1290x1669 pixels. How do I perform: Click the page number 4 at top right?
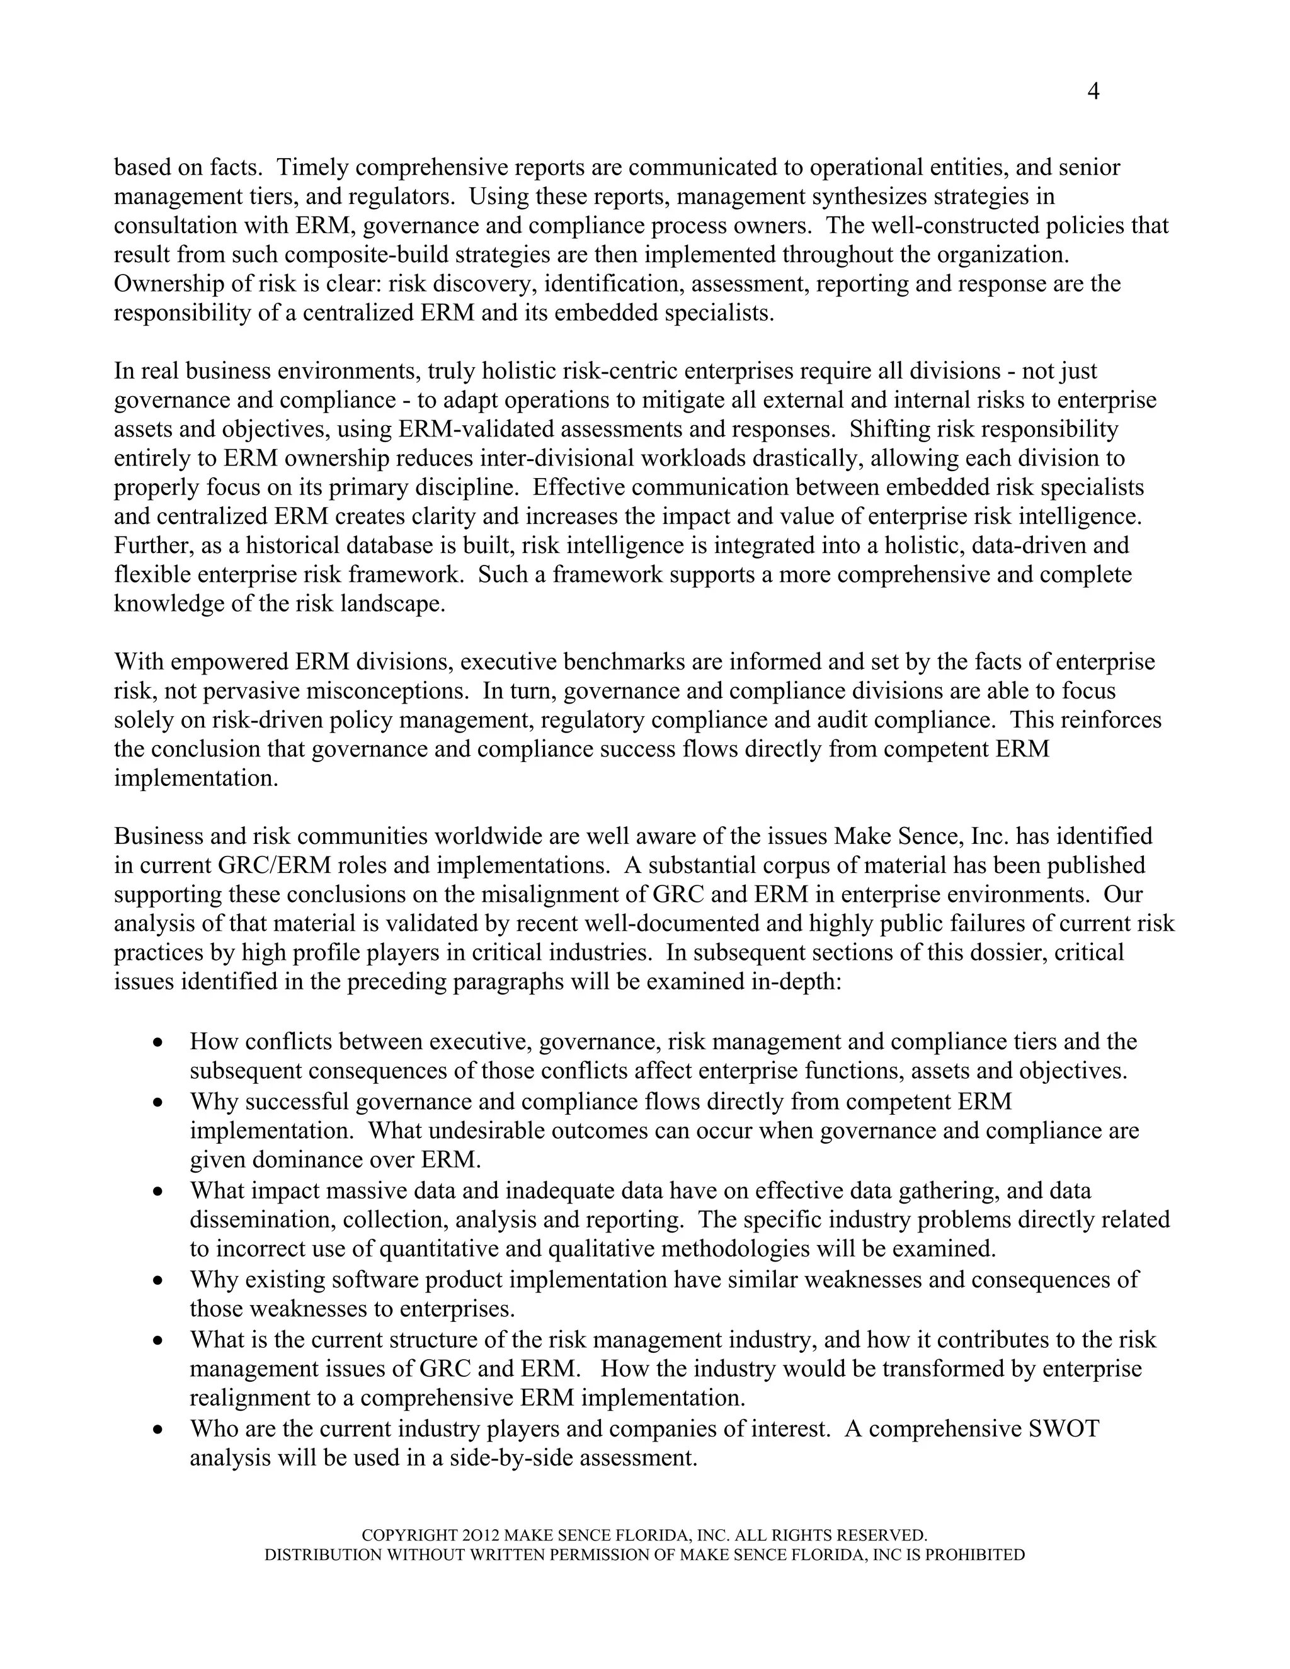(x=1093, y=92)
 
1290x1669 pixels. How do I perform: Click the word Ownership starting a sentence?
(x=169, y=283)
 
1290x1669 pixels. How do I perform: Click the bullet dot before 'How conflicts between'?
(x=158, y=1042)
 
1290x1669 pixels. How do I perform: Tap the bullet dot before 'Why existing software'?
(x=158, y=1280)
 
